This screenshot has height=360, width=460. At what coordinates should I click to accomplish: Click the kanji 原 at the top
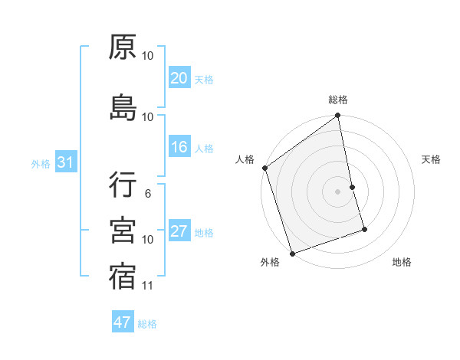click(123, 48)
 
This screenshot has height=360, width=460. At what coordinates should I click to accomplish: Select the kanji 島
click(123, 108)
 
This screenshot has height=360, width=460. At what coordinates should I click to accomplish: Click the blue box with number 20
click(179, 78)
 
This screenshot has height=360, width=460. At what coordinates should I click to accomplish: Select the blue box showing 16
click(179, 147)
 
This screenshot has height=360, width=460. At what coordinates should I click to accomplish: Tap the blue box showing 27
click(179, 231)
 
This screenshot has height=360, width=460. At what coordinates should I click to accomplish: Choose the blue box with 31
click(65, 162)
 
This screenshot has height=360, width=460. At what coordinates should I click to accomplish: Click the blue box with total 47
click(123, 322)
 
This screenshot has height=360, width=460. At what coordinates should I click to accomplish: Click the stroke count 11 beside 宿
click(148, 286)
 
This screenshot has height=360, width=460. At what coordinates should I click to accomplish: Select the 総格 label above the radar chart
click(338, 100)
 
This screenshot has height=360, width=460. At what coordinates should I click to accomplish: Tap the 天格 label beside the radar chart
click(432, 159)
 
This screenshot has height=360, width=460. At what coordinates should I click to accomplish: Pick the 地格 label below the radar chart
click(402, 263)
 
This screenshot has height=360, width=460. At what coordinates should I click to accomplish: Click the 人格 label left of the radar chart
click(245, 159)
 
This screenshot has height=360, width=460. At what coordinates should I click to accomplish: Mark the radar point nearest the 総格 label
click(337, 116)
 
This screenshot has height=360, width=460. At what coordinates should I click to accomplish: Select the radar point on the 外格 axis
click(291, 253)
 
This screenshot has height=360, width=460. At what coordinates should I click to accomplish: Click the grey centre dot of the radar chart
click(337, 191)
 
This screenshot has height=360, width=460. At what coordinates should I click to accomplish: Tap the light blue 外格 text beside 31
click(41, 163)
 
